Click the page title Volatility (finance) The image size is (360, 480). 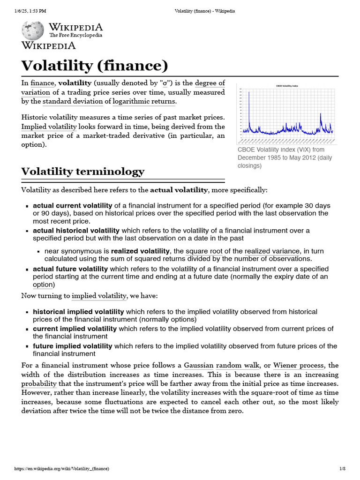[94, 66]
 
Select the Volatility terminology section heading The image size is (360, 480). [82, 172]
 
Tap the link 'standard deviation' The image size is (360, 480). [73, 101]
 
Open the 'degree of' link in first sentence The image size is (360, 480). [210, 83]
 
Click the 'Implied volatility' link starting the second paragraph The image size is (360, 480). [49, 127]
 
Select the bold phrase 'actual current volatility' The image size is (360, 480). [73, 205]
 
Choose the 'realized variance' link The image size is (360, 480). [271, 251]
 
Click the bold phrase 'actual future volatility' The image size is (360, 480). [70, 269]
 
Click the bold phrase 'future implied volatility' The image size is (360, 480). [73, 346]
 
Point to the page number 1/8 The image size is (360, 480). [342, 469]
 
